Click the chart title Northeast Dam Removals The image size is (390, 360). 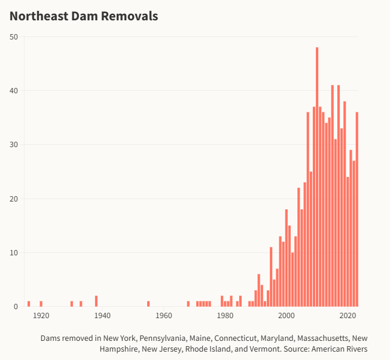click(x=84, y=16)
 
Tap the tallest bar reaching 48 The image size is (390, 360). click(x=317, y=176)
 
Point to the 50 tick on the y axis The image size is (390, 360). click(x=14, y=37)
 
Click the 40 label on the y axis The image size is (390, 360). click(x=14, y=91)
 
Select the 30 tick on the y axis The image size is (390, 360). click(x=14, y=145)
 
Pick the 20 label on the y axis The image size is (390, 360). click(x=14, y=199)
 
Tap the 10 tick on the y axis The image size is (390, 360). click(x=14, y=252)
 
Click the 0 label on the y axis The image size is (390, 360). click(x=16, y=307)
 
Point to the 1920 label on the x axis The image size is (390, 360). click(x=41, y=316)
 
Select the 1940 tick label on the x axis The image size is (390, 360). click(x=102, y=316)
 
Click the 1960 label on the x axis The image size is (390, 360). click(x=164, y=316)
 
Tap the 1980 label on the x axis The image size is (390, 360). click(x=225, y=316)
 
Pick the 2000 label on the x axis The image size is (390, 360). click(x=287, y=316)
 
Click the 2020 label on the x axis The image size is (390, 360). click(x=348, y=316)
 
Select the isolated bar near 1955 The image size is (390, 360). click(x=148, y=304)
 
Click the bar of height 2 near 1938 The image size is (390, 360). click(x=96, y=301)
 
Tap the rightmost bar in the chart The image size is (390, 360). click(x=357, y=209)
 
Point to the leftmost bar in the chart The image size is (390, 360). click(x=29, y=304)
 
